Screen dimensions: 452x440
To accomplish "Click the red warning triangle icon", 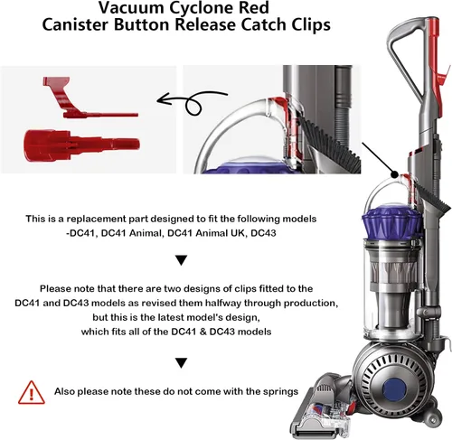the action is (x=32, y=392).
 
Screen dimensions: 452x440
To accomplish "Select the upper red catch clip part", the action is (x=88, y=98).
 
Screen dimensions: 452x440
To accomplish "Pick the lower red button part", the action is (x=81, y=145).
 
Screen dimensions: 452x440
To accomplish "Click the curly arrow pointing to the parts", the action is (x=193, y=103).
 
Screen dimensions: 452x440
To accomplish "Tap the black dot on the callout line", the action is (x=394, y=174).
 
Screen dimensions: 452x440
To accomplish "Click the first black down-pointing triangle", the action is (x=182, y=260).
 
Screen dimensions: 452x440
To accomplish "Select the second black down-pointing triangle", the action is (x=182, y=363).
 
